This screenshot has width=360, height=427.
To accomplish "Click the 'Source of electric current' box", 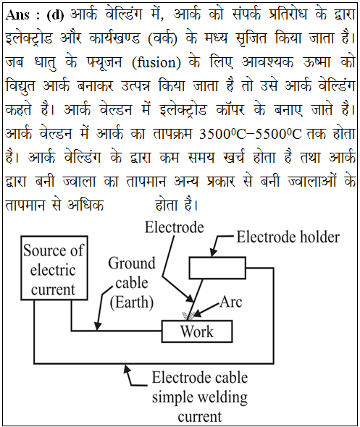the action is coord(54,268).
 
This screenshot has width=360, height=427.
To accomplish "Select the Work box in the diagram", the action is coord(197,331).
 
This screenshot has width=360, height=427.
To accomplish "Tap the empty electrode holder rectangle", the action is coord(217,268).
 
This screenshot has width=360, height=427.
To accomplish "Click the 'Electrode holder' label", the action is coord(288,237).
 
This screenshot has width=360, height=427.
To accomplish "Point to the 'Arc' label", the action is coord(231,302).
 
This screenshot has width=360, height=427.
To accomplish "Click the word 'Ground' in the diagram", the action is coord(132,263).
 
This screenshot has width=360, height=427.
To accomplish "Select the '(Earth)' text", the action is coord(132,303).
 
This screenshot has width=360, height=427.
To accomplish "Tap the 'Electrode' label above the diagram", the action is coord(174,227).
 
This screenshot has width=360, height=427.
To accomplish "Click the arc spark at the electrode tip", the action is coord(188,316).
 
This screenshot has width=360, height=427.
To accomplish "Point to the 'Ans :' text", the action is coord(22,14).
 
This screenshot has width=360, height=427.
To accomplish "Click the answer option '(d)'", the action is coord(55,15).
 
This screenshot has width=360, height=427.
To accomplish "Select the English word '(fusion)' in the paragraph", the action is coord(156,63).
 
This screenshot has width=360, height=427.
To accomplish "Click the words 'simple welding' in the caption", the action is coord(200,397).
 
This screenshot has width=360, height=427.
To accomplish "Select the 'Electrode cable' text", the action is coord(200,378).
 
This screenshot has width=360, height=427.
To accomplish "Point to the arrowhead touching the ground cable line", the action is coord(98,326).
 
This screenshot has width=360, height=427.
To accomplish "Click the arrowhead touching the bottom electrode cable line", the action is coord(127,368).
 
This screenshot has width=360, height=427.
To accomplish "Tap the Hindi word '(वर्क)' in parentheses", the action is coord(162,38).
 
